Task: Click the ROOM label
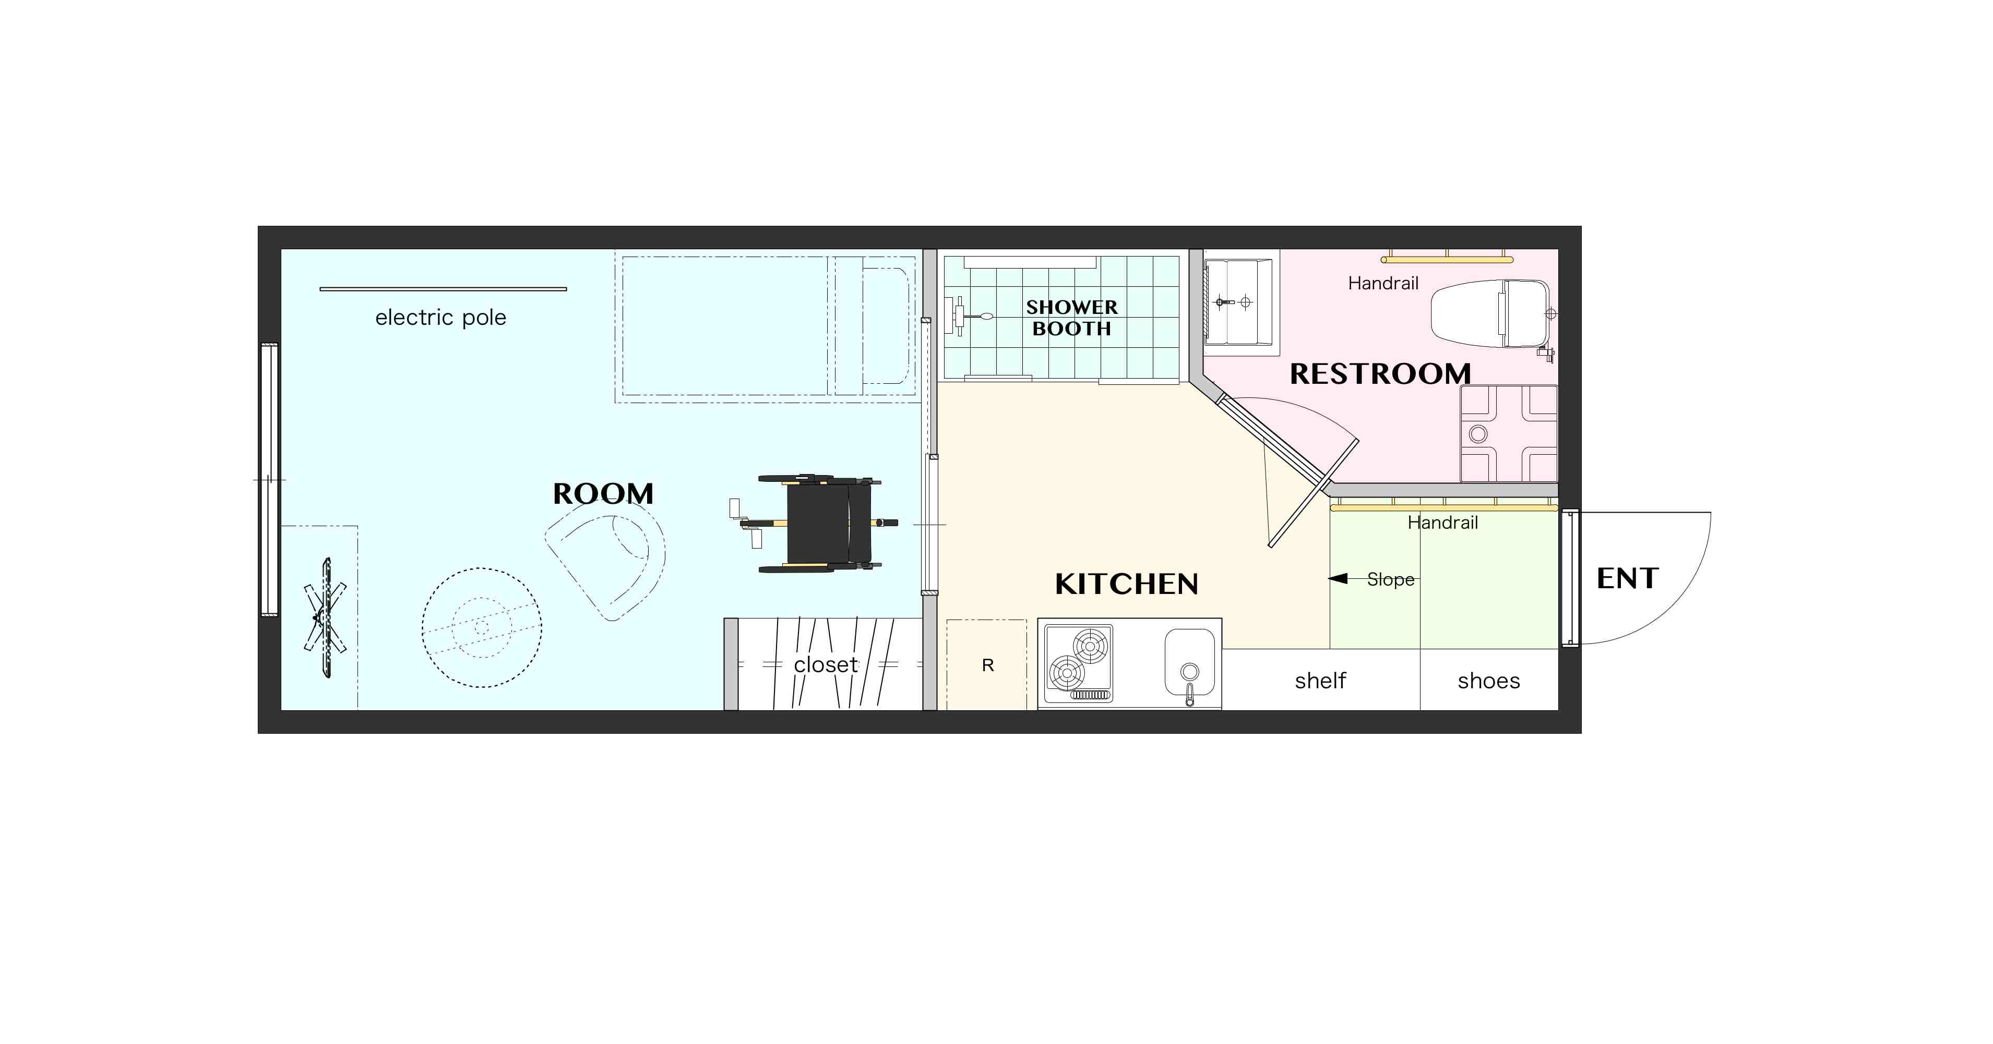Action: pyautogui.click(x=603, y=493)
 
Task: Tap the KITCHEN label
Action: pyautogui.click(x=1127, y=584)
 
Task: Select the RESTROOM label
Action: pyautogui.click(x=1380, y=373)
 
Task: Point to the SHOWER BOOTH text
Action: pyautogui.click(x=1071, y=318)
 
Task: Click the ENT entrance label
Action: pyautogui.click(x=1628, y=578)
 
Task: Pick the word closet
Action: pyautogui.click(x=826, y=664)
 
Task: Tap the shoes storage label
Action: pyautogui.click(x=1488, y=681)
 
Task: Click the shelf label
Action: pyautogui.click(x=1321, y=681)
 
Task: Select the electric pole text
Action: pyautogui.click(x=440, y=318)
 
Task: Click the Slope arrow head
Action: pyautogui.click(x=1338, y=578)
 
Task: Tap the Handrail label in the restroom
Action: pyautogui.click(x=1383, y=283)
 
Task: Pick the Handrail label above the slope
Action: pyautogui.click(x=1442, y=523)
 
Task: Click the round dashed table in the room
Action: pyautogui.click(x=481, y=627)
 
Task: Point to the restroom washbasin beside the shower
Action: pyautogui.click(x=1238, y=302)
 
